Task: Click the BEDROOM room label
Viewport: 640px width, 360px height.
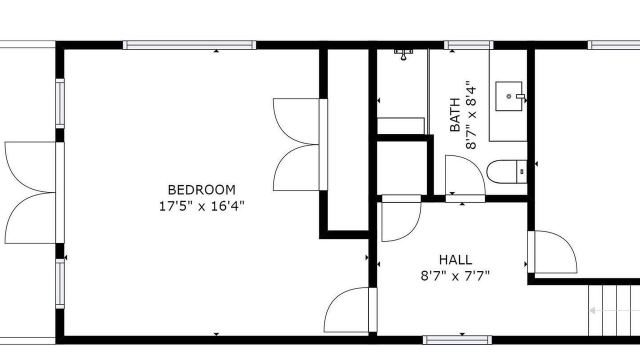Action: tap(201, 189)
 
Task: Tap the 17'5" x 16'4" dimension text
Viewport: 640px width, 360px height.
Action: tap(201, 206)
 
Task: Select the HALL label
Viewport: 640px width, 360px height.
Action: tap(455, 259)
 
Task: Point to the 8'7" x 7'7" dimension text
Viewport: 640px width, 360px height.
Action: tap(455, 276)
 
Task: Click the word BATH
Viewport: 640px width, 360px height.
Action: tap(455, 115)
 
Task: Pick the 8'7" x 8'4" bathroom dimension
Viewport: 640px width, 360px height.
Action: tap(471, 115)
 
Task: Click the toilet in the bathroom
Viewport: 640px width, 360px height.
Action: tap(507, 171)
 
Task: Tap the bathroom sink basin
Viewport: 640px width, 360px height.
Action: tap(509, 96)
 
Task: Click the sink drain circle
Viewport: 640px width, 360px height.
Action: tap(509, 96)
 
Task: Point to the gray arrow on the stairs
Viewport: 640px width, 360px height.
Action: tap(614, 310)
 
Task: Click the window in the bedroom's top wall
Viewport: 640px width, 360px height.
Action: tap(189, 45)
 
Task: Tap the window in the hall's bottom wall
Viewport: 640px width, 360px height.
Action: tap(457, 340)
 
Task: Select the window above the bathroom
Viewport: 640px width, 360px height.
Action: tap(468, 45)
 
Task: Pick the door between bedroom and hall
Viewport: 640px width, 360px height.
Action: tap(372, 309)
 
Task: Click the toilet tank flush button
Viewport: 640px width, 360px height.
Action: tap(522, 171)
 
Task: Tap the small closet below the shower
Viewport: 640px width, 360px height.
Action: tap(402, 168)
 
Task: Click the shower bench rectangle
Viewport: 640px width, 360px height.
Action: tap(400, 125)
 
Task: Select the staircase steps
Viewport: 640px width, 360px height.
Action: tap(614, 310)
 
